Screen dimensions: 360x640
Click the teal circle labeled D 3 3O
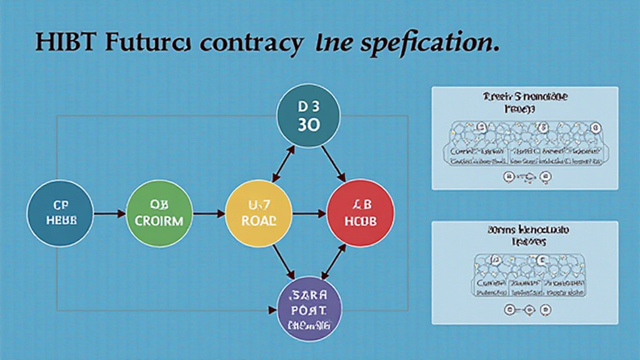[x=309, y=115]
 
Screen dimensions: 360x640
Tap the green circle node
[x=158, y=214]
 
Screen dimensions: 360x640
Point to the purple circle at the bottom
[x=309, y=309]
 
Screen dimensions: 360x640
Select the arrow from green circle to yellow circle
[x=208, y=214]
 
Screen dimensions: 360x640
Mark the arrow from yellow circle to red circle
[x=309, y=214]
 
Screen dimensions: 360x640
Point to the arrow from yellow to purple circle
[x=281, y=262]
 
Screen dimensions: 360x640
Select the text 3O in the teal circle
[x=309, y=124]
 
